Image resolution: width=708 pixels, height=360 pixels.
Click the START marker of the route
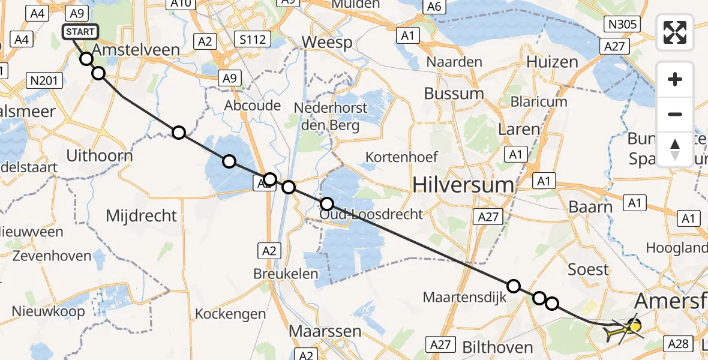(x=79, y=32)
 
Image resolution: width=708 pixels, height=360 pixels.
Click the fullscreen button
(x=675, y=32)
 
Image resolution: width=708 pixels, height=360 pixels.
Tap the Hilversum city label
(x=463, y=185)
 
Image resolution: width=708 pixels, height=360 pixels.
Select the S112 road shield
(x=253, y=40)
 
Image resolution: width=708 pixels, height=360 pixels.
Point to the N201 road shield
(x=45, y=80)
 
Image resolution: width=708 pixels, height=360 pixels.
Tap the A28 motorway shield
(x=679, y=343)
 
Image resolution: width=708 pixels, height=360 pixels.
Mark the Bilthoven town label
(x=497, y=347)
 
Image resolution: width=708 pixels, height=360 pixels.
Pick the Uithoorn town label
(x=99, y=156)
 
